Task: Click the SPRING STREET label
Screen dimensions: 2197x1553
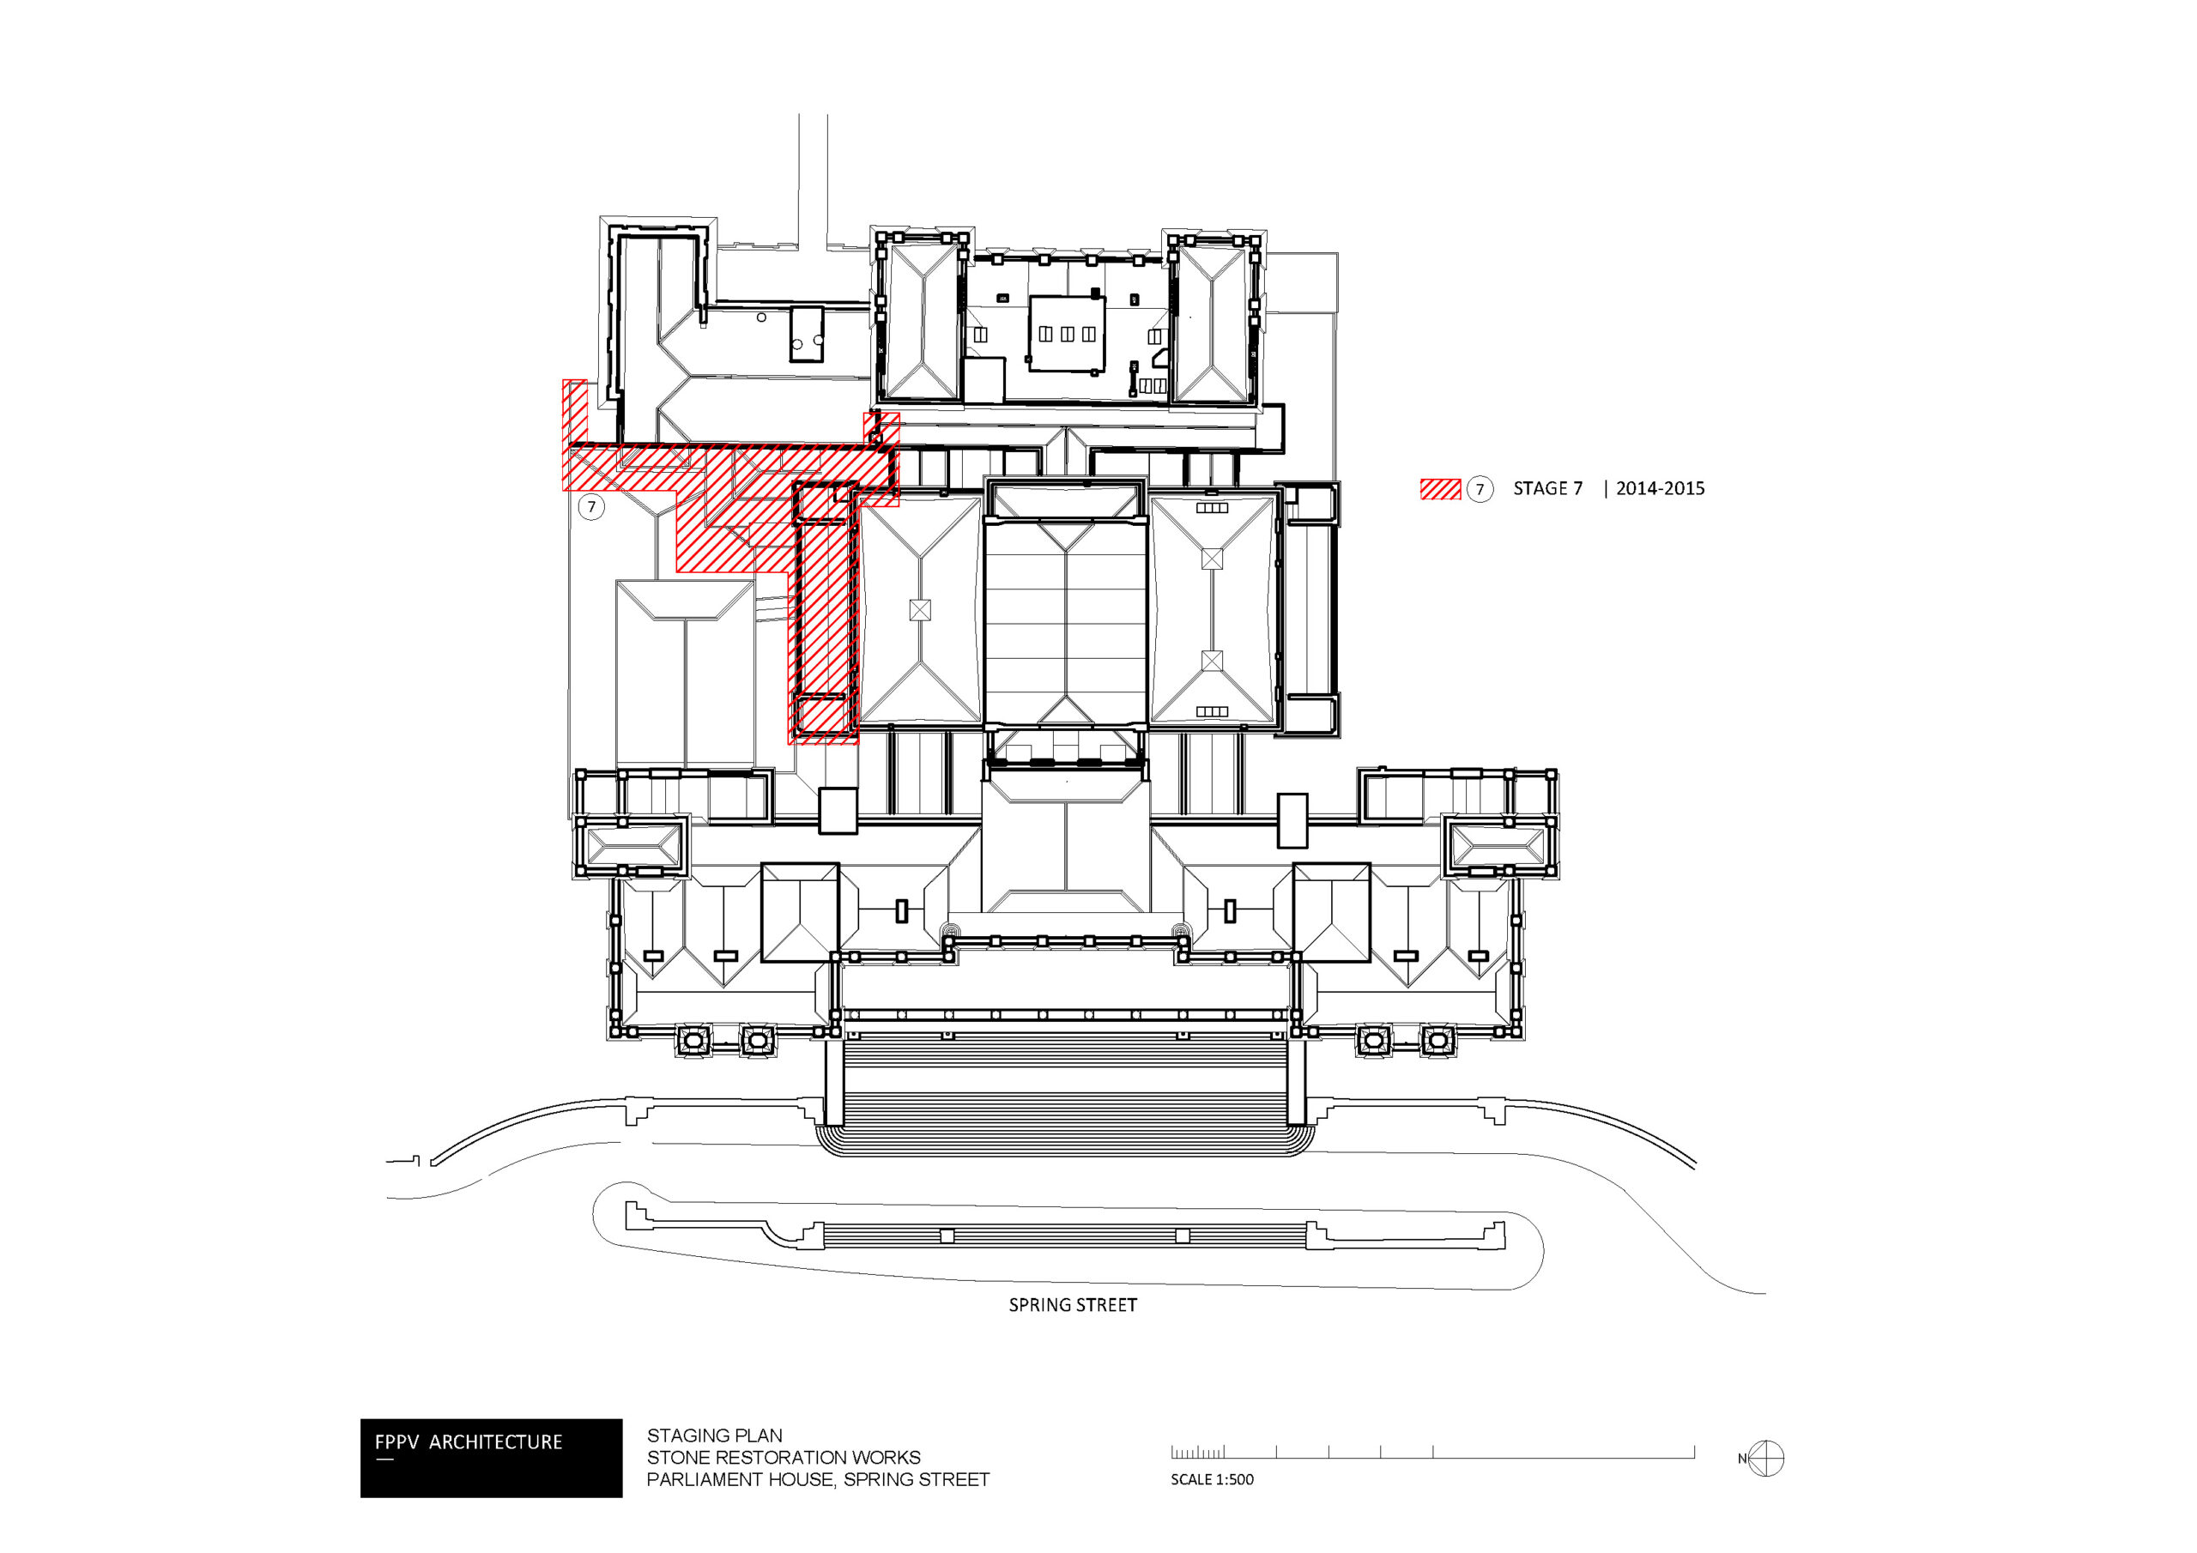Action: coord(1073,1305)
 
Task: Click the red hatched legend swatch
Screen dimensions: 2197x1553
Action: coord(1440,489)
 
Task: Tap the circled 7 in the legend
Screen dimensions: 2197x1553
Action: coord(1480,490)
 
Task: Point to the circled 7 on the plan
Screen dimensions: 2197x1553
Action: coord(591,506)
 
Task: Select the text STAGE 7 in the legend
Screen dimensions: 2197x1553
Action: coord(1547,488)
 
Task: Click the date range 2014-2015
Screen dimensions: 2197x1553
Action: coord(1660,488)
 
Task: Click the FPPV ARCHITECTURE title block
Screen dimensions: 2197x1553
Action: coord(491,1457)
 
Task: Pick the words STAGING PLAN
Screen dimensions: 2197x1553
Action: coord(714,1435)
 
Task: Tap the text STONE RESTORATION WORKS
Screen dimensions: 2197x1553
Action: coord(783,1457)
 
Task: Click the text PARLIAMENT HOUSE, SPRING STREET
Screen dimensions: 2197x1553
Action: coord(818,1479)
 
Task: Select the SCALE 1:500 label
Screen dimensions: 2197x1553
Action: coord(1212,1479)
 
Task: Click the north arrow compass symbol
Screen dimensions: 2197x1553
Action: coord(1765,1459)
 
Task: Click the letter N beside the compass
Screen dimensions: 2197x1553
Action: coord(1742,1459)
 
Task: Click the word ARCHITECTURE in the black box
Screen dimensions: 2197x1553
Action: coord(496,1442)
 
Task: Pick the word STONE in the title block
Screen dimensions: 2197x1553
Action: coord(675,1457)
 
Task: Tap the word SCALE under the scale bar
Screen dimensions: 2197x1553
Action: coord(1191,1479)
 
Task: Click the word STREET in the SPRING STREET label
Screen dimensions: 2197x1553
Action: coord(1105,1305)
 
